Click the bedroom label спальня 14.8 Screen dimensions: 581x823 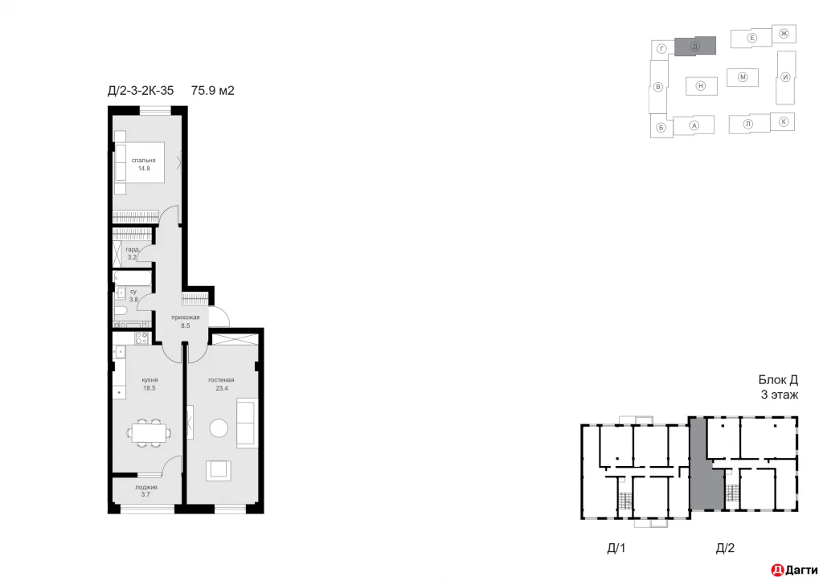[x=145, y=165]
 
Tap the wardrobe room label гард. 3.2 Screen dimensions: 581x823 [x=133, y=253]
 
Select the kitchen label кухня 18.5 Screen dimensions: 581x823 [x=149, y=383]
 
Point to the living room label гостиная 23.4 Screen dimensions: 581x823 [x=221, y=383]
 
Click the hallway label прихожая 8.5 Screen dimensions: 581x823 [x=185, y=321]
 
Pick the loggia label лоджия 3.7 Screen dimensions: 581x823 [x=146, y=491]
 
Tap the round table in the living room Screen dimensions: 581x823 [x=220, y=428]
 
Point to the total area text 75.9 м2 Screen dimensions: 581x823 [x=212, y=91]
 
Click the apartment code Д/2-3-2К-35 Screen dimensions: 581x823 [x=141, y=91]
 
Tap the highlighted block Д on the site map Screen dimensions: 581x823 [x=694, y=47]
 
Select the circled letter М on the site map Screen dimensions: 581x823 [x=743, y=77]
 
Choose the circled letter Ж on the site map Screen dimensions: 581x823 [x=784, y=33]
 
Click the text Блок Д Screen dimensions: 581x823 [x=777, y=380]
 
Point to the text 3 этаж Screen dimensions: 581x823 [x=779, y=395]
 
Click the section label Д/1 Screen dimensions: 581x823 [x=616, y=549]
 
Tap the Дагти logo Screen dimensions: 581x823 [x=795, y=570]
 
